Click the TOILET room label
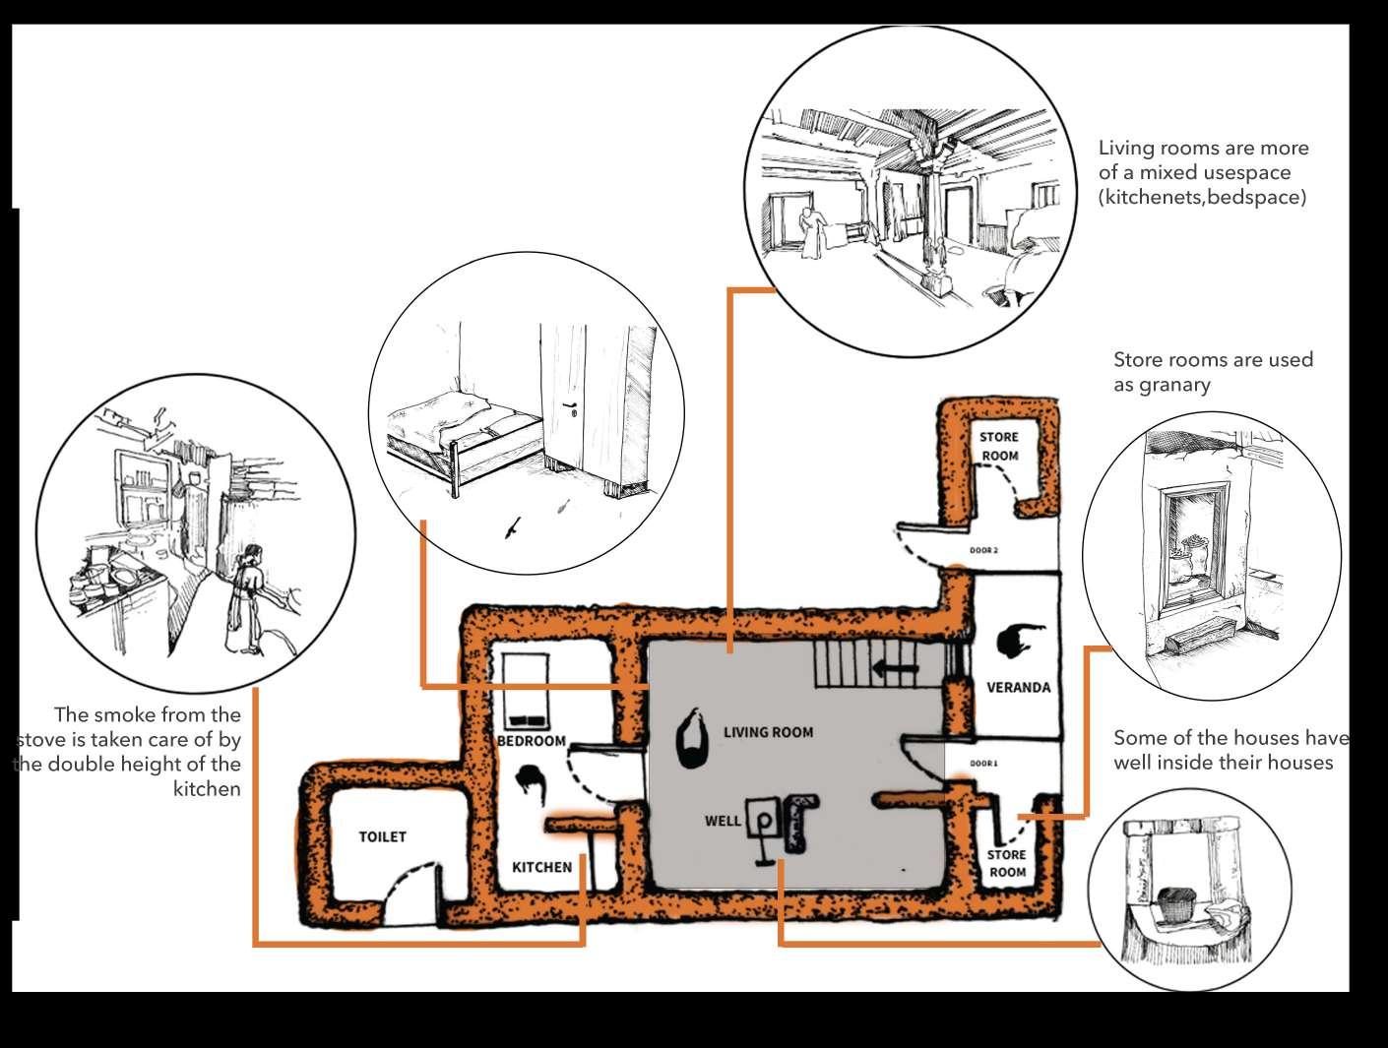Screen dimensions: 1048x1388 (382, 836)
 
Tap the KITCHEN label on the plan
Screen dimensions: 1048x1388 (541, 867)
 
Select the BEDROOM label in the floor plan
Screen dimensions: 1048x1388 (531, 740)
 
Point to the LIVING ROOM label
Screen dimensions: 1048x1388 (768, 732)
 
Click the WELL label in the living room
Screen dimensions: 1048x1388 (722, 820)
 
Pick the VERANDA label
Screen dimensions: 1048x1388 (1018, 687)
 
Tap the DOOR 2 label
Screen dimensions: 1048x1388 (983, 550)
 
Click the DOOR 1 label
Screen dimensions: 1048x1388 (983, 763)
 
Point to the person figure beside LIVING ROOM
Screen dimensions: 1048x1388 (693, 738)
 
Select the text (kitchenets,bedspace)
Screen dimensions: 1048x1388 (1202, 197)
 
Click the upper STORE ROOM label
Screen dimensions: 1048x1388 (998, 446)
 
